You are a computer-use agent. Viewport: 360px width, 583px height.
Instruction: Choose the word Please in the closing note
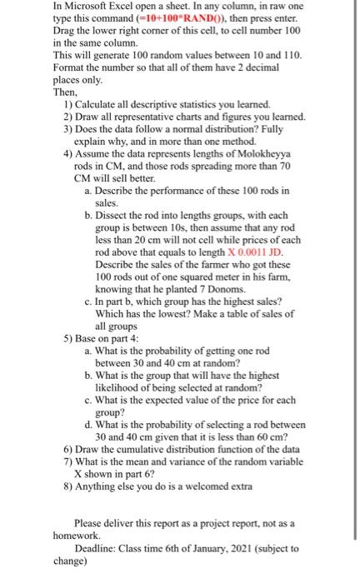[101, 522]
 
